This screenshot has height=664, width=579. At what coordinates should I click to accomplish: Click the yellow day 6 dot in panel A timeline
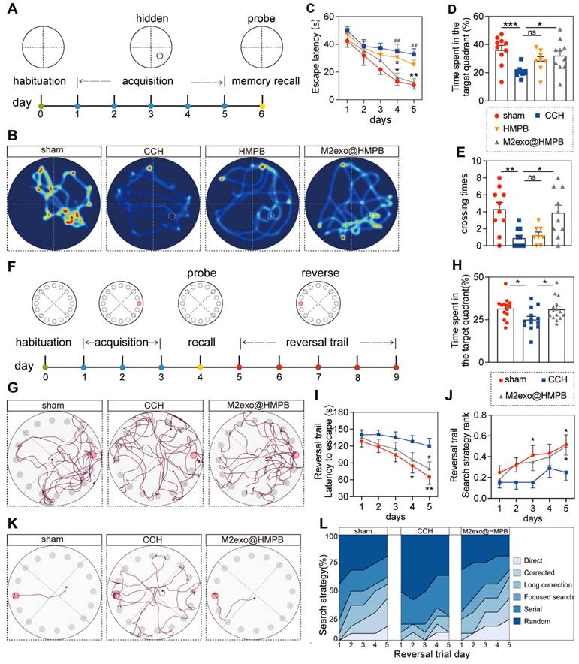(261, 106)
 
